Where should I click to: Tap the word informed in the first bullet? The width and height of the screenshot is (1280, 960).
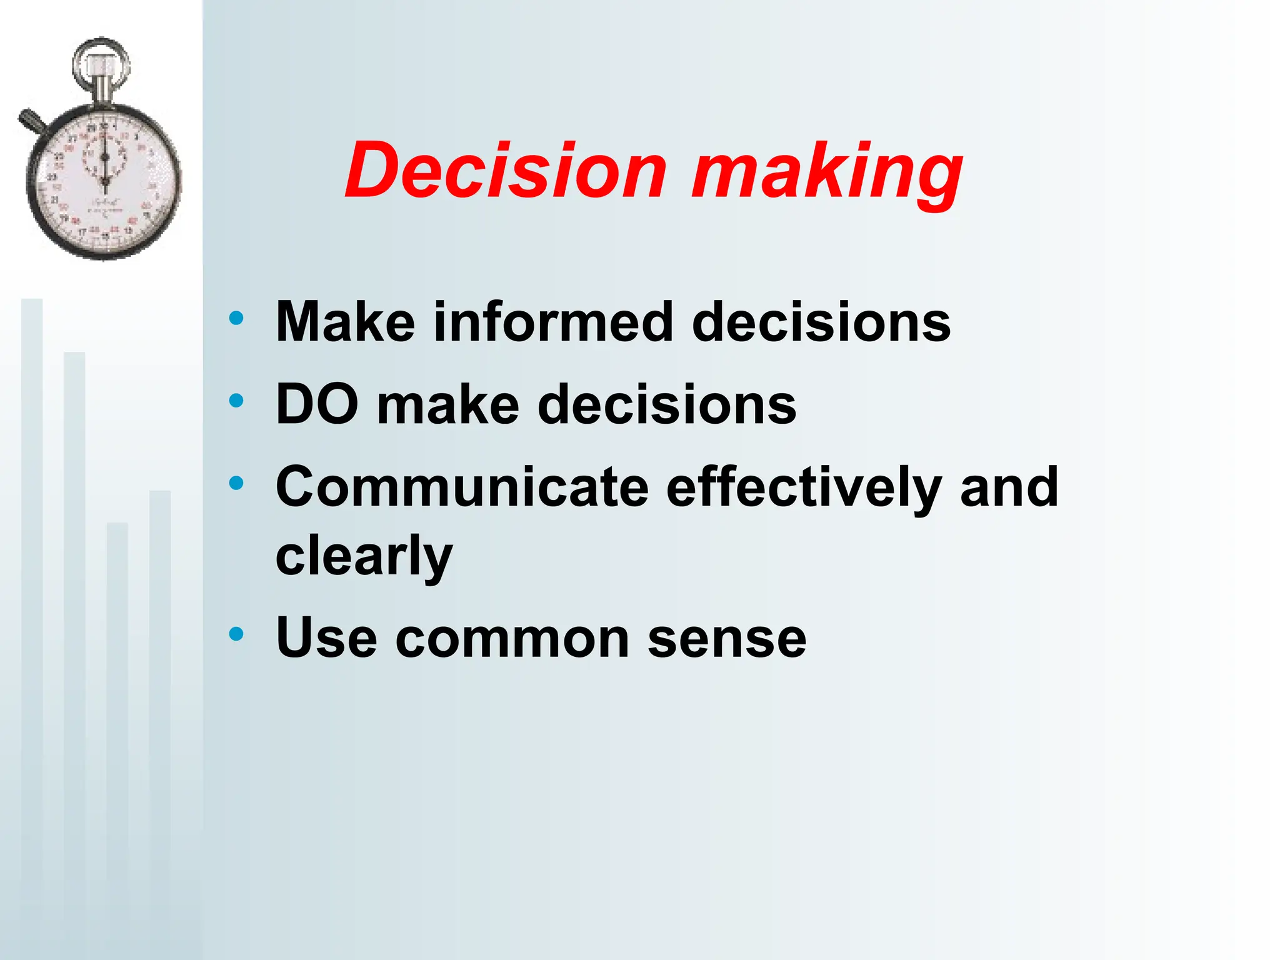tap(552, 322)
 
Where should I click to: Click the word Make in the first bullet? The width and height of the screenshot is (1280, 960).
tap(345, 322)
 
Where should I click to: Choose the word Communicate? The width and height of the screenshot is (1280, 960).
tap(462, 487)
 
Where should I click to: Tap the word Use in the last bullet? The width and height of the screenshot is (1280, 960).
tap(326, 639)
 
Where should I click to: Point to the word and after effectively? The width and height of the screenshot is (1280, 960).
tap(1009, 487)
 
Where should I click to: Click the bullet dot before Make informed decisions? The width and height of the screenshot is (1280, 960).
tap(236, 319)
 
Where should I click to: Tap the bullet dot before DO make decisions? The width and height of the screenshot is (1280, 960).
tap(236, 401)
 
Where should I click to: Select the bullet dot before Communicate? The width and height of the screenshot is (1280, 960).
tap(236, 483)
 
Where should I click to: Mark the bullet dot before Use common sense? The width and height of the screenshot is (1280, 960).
tap(236, 635)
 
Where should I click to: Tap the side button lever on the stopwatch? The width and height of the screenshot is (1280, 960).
tap(31, 121)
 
